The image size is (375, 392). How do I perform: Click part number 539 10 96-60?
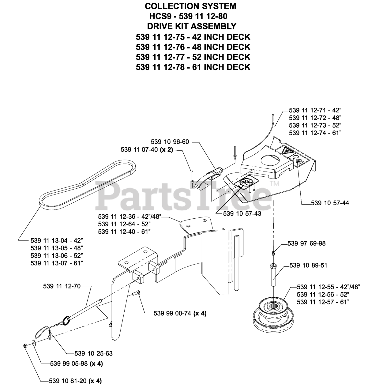pyautogui.click(x=170, y=142)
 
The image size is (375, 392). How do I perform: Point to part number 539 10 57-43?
pyautogui.click(x=242, y=214)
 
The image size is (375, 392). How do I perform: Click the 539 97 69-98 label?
pyautogui.click(x=307, y=243)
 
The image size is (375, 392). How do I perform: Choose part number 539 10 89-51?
pyautogui.click(x=308, y=265)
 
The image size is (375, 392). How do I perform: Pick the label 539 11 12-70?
pyautogui.click(x=62, y=286)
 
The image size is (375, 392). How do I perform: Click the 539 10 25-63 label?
pyautogui.click(x=93, y=353)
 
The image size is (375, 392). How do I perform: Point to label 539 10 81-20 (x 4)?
pyautogui.click(x=75, y=381)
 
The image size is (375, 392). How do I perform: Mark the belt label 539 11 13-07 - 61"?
pyautogui.click(x=57, y=263)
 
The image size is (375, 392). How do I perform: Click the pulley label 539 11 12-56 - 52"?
pyautogui.click(x=323, y=294)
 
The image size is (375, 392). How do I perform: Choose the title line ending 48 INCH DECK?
pyautogui.click(x=193, y=47)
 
